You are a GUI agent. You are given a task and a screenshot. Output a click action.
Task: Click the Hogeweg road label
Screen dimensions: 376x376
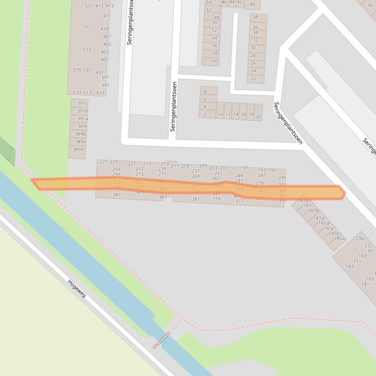pos(77,288)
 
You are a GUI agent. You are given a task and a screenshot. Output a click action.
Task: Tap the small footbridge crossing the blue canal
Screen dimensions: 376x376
pos(162,340)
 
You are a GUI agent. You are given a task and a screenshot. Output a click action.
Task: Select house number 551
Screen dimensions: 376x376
pos(86,27)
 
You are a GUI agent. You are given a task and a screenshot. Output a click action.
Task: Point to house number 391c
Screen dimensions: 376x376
pos(82,104)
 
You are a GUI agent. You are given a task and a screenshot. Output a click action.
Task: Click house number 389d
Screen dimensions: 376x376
pos(78,149)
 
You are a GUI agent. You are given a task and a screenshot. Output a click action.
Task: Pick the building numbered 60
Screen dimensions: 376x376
pos(214,61)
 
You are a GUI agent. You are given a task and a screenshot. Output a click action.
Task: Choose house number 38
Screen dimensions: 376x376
pos(255,18)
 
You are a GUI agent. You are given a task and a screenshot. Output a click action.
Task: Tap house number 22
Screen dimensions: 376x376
pos(253,78)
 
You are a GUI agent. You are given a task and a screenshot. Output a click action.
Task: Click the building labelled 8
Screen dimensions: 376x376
pos(205,91)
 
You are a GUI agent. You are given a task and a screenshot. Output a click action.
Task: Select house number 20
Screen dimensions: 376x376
pos(258,117)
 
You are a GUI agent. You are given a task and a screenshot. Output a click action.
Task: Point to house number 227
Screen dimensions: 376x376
pos(104,162)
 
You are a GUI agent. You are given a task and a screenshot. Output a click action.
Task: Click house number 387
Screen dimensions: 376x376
pos(117,195)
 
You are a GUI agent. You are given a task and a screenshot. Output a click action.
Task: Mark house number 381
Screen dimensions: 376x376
pos(196,199)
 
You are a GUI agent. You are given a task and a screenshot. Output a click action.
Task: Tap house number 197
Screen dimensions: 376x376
pos(244,168)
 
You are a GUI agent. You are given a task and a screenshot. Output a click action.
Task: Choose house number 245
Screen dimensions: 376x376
pos(282,178)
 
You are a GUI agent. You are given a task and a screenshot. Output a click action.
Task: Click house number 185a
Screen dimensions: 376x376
pos(339,239)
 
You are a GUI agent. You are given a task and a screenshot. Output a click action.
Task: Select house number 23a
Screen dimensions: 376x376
pos(359,238)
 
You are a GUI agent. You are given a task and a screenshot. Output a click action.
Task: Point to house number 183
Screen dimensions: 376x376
pos(350,266)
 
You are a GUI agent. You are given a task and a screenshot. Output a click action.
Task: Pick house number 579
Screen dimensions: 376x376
pos(77,70)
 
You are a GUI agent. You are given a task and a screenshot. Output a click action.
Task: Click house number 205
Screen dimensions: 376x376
pos(203,166)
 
